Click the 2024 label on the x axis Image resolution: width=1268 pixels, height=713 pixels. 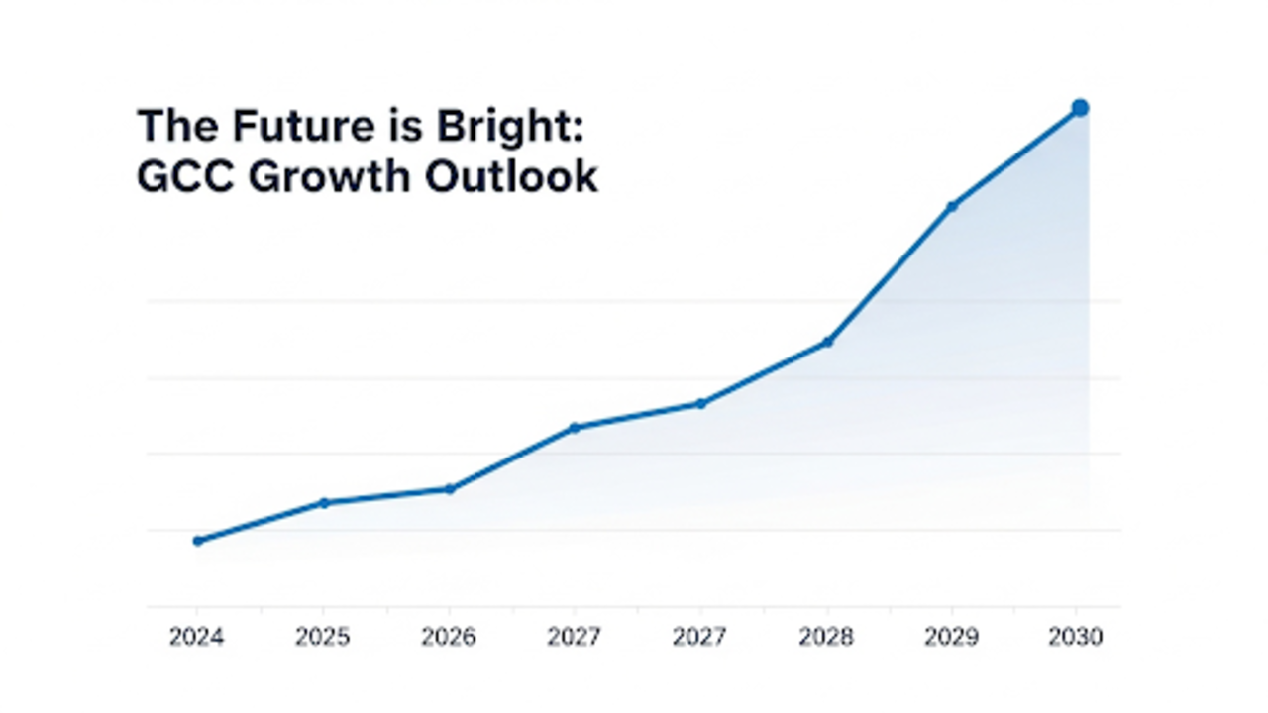point(197,637)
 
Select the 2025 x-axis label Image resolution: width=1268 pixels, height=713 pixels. point(323,637)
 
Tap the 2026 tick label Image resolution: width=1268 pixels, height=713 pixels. point(449,637)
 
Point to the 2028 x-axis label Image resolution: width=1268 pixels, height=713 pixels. point(826,637)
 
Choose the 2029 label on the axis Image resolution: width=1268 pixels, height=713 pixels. point(952,637)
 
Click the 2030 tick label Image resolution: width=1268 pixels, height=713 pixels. point(1076,637)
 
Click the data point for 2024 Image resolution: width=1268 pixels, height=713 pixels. point(198,541)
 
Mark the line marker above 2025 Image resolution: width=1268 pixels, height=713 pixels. point(324,503)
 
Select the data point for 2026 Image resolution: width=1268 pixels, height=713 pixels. point(450,489)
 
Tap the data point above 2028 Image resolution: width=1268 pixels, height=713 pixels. point(827,342)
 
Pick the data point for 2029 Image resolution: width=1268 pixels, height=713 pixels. point(952,207)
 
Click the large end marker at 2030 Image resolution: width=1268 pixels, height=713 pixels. point(1080,108)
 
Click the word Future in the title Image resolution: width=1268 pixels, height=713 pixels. point(303,125)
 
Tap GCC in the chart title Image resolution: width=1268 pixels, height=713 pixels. point(185,177)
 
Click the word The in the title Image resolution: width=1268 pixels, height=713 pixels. point(177,125)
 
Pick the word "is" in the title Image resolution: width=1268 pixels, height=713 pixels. point(406,125)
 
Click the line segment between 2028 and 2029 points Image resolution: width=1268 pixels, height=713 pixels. point(890,274)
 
